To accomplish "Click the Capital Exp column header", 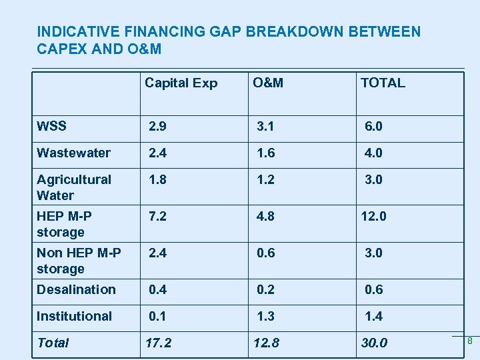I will click(x=181, y=83).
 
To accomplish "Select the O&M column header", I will click(x=267, y=83).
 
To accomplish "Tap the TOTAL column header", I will click(x=383, y=83).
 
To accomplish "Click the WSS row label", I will click(x=51, y=126).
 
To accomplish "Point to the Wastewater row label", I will click(x=73, y=153).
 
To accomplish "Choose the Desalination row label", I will click(x=76, y=289).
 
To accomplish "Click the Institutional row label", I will click(x=74, y=316).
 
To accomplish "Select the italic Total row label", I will click(x=53, y=343).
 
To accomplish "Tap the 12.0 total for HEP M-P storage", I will click(x=373, y=216).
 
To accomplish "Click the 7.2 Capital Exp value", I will click(x=158, y=216).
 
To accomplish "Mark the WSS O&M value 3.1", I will click(x=267, y=126).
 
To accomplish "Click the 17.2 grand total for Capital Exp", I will click(x=158, y=343).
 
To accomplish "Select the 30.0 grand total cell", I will click(x=374, y=343).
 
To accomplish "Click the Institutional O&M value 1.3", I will click(x=266, y=316).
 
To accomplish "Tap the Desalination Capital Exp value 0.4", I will click(x=158, y=289).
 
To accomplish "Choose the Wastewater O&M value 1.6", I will click(x=266, y=153).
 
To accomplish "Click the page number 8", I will click(x=469, y=341).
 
